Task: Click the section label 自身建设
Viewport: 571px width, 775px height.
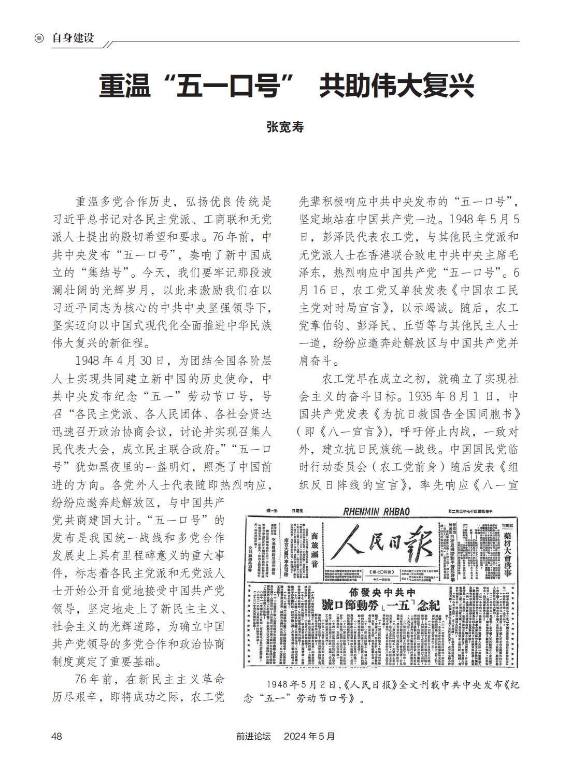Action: click(x=73, y=38)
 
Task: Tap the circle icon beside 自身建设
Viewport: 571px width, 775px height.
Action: click(x=39, y=38)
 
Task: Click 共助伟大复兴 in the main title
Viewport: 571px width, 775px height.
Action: click(x=396, y=87)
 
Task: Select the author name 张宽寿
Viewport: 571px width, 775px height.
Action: click(x=285, y=127)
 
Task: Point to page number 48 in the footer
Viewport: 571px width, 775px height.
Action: click(x=56, y=736)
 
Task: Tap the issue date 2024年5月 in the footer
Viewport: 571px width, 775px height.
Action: click(x=309, y=736)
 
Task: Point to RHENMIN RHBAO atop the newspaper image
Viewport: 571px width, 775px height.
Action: click(x=376, y=512)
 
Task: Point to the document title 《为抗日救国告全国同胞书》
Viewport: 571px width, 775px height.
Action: click(x=444, y=414)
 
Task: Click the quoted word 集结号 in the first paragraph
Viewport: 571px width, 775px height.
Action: click(x=102, y=272)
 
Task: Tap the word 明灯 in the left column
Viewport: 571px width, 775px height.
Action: click(x=179, y=467)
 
